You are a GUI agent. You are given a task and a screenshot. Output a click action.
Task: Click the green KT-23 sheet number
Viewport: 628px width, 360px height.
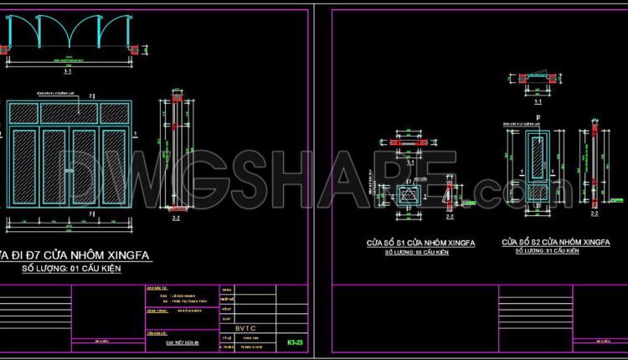pos(294,342)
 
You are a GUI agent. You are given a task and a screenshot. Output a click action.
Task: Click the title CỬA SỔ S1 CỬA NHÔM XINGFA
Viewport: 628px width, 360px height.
pos(421,242)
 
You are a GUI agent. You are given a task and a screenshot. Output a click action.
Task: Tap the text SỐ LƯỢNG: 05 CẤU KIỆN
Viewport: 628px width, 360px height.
pos(419,252)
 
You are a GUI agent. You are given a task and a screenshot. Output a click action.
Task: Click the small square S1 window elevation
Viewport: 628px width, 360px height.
pos(409,196)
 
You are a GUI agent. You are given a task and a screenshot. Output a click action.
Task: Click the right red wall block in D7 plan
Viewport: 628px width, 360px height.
pos(131,50)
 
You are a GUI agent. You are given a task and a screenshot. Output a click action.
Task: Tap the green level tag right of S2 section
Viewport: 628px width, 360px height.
pos(617,200)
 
